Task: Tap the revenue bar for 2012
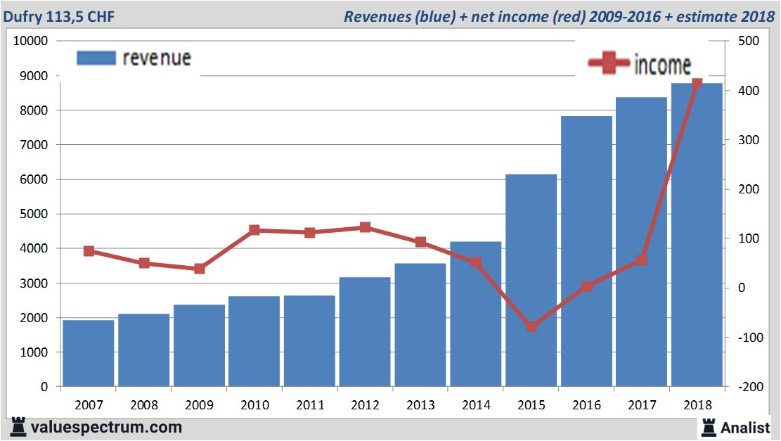(x=365, y=331)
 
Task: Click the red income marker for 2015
(x=531, y=326)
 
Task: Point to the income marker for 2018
(x=697, y=84)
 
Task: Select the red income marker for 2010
(x=254, y=230)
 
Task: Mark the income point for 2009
(x=200, y=269)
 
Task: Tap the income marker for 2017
(x=641, y=260)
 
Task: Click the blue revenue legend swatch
(x=95, y=58)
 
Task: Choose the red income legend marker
(x=609, y=64)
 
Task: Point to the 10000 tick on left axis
(x=31, y=41)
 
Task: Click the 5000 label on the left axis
(x=34, y=214)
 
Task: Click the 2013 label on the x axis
(x=420, y=405)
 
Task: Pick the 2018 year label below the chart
(x=697, y=405)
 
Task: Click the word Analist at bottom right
(x=745, y=427)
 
